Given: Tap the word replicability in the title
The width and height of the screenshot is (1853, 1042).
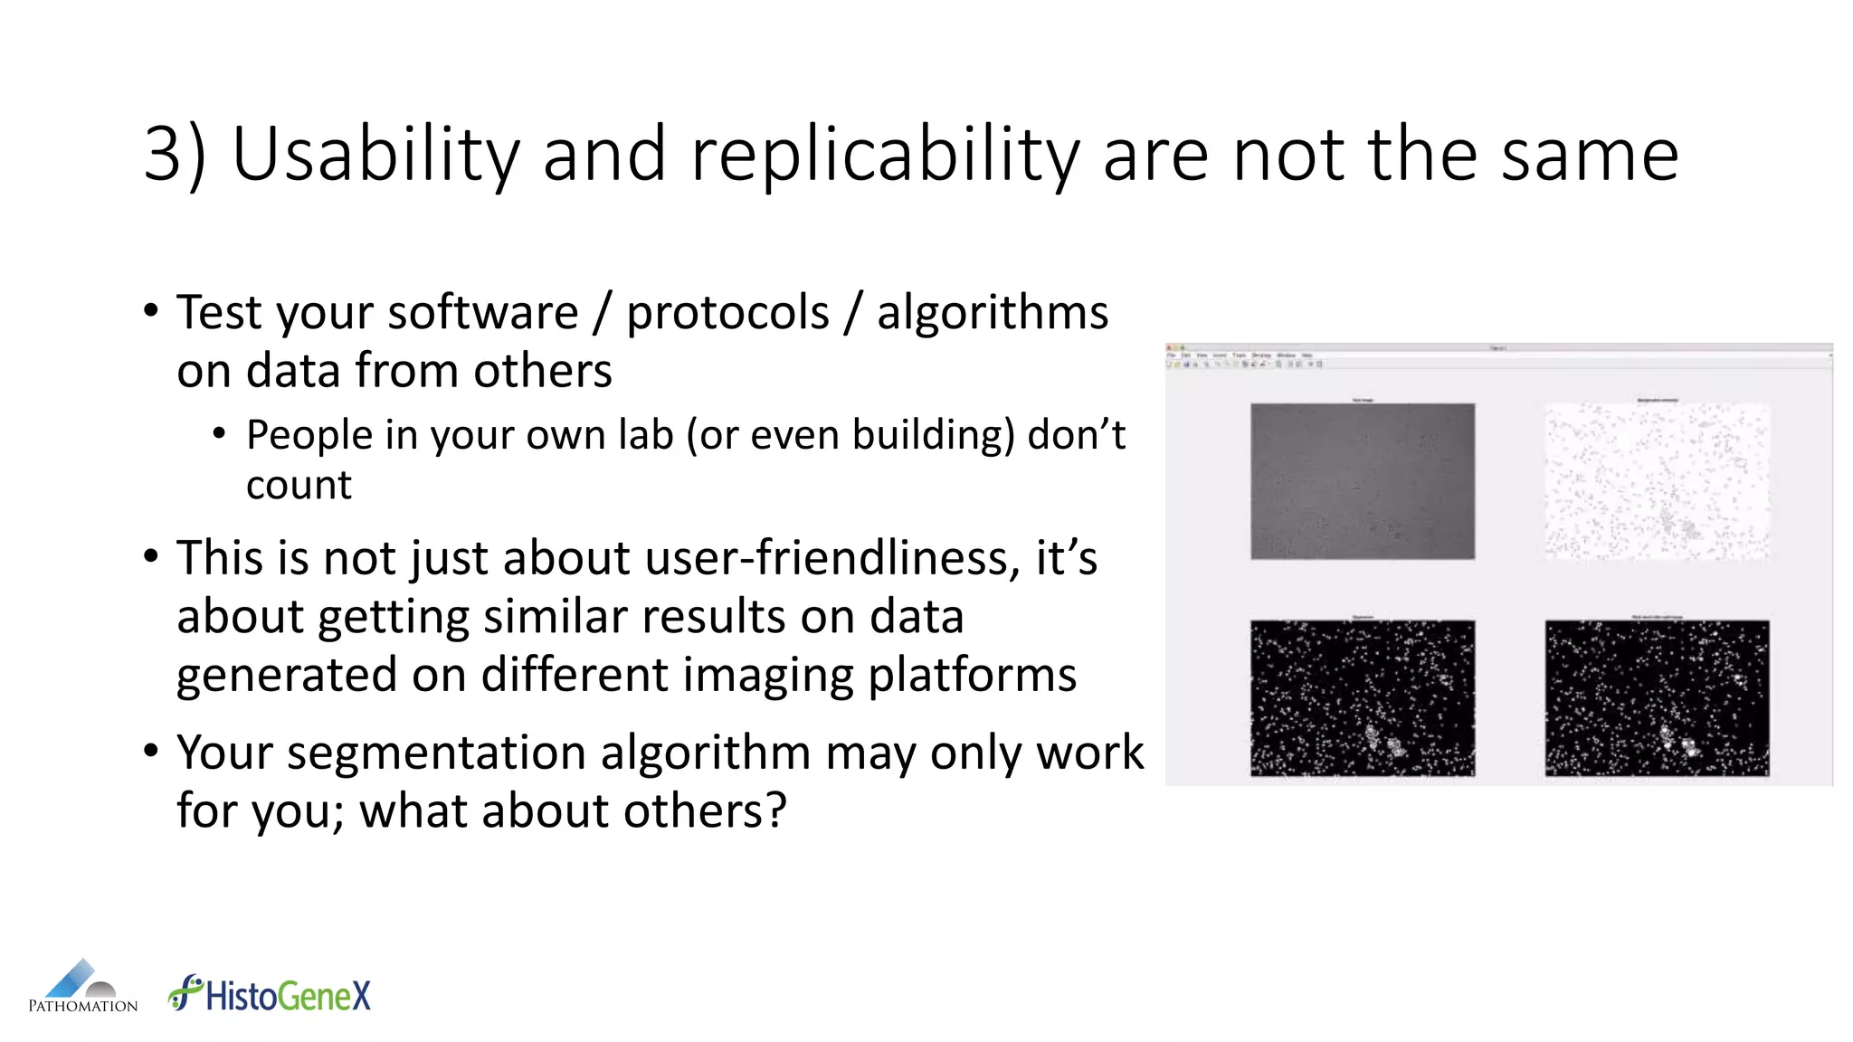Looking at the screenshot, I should click(885, 156).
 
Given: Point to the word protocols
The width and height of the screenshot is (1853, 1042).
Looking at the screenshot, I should click(727, 313).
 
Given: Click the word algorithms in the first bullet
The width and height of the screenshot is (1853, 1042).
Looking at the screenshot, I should click(992, 313).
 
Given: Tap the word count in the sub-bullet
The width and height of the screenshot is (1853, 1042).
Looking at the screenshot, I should click(299, 486).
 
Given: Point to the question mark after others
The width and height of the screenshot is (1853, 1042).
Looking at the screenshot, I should click(776, 810).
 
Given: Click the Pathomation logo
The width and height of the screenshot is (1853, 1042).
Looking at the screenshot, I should click(82, 987).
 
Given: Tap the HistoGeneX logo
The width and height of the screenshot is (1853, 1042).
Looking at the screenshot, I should click(270, 994).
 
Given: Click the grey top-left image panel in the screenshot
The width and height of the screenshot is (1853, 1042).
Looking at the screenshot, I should click(1362, 481).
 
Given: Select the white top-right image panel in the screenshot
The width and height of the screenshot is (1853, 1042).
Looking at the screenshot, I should click(1657, 481).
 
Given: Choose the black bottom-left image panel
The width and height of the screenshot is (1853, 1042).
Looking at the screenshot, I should click(1362, 697).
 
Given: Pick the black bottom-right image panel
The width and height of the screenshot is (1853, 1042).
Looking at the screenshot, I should click(1657, 697).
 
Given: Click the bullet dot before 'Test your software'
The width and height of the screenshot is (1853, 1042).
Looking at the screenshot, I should click(151, 311).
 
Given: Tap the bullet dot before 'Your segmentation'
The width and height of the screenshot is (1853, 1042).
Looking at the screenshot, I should click(151, 751).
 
